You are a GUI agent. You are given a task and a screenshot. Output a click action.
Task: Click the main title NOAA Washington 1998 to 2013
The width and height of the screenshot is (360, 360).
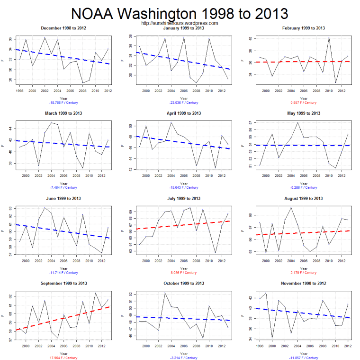180,12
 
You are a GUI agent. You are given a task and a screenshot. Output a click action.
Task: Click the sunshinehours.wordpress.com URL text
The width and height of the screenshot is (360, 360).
180,23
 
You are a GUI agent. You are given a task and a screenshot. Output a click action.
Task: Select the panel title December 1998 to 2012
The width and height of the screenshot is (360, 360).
63,28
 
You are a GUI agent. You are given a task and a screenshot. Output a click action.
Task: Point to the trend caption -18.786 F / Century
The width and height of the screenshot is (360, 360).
63,102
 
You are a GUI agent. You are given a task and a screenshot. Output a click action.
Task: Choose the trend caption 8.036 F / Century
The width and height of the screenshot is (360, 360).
182,273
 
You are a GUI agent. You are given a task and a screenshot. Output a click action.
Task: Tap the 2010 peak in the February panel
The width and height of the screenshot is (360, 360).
329,37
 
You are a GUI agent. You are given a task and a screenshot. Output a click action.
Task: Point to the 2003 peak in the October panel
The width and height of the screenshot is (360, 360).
165,293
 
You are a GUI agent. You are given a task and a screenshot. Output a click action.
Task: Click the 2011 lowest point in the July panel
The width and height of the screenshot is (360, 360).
216,253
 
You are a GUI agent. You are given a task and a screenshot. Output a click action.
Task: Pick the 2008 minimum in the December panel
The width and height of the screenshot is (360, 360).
82,83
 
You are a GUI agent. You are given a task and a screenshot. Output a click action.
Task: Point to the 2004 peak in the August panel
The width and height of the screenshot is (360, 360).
291,207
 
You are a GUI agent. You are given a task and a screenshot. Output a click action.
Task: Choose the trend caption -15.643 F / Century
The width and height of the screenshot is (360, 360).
182,187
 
